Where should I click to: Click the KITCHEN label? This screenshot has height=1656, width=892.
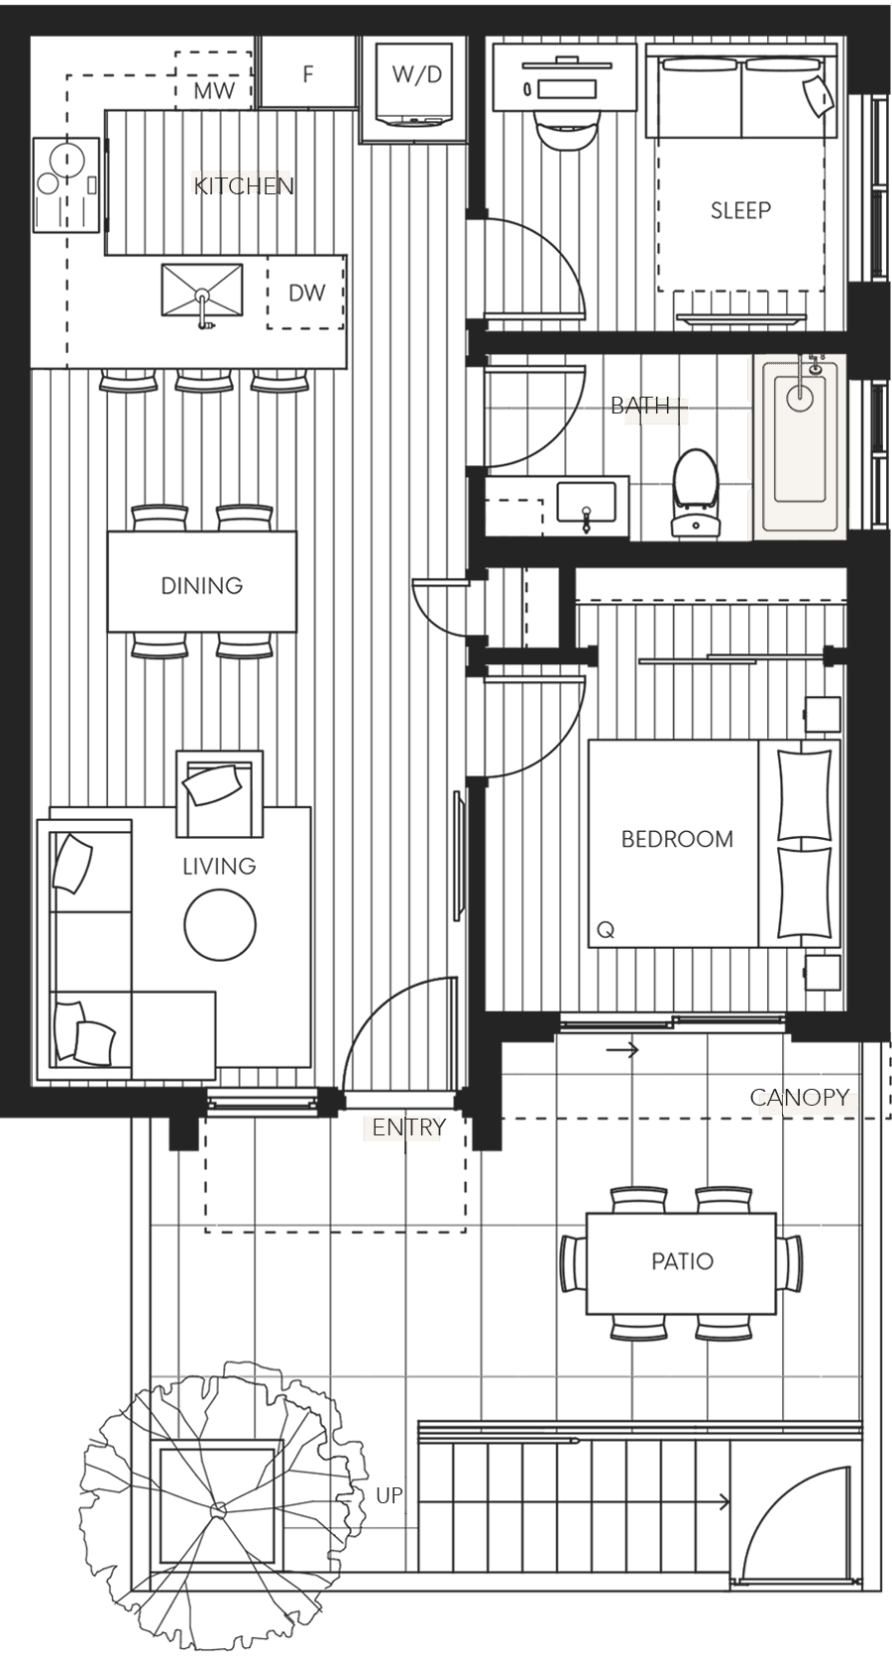(242, 184)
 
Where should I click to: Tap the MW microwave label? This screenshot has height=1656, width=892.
(214, 91)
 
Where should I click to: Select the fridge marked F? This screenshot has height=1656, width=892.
(308, 74)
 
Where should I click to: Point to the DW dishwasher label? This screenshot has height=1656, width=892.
(306, 293)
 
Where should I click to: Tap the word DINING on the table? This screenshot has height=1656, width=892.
(201, 585)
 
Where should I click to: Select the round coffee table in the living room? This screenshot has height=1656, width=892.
(220, 924)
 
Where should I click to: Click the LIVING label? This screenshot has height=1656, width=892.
(219, 866)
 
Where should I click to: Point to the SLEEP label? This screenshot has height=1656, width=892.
(740, 210)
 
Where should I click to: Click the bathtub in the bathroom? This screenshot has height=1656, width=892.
(800, 446)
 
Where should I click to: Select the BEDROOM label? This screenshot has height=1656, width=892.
(677, 839)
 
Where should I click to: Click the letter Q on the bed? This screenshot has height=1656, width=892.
(606, 930)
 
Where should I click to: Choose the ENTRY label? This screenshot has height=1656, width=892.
(407, 1127)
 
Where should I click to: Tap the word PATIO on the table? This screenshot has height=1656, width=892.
(682, 1261)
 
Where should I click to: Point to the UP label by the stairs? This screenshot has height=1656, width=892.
(390, 1494)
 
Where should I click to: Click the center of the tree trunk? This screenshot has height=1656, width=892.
(218, 1510)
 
